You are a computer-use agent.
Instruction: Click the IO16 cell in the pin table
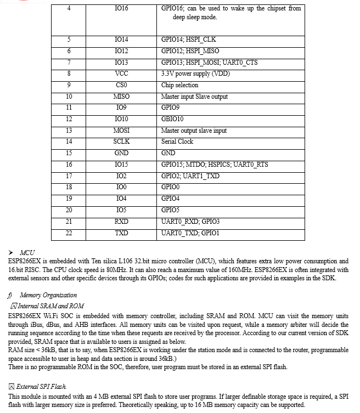tap(121, 9)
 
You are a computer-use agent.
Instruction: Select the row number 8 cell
tap(69, 73)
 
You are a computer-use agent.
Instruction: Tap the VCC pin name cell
tap(121, 73)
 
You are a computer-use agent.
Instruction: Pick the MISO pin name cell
tap(121, 97)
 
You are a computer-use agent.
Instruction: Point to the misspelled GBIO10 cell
tap(172, 119)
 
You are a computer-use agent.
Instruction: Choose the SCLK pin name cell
tap(121, 142)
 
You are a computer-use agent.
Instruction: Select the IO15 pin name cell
tap(121, 165)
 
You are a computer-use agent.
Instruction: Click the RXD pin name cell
tap(121, 221)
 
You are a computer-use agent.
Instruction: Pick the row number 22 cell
tap(69, 233)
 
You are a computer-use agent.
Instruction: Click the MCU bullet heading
tap(27, 252)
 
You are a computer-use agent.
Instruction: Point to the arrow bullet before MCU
tap(13, 252)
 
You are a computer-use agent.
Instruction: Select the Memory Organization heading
tap(52, 295)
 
